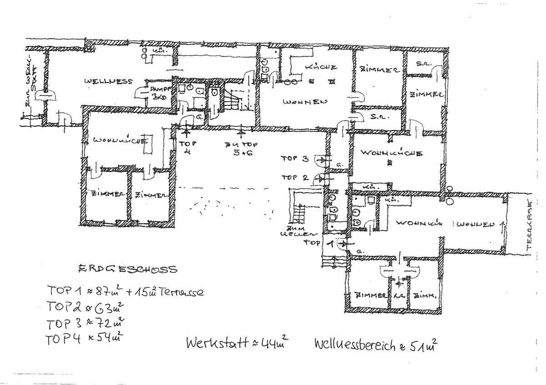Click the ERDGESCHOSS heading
click(127, 269)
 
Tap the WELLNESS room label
click(108, 81)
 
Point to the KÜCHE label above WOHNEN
click(321, 67)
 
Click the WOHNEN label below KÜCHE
click(304, 102)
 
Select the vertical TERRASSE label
click(529, 226)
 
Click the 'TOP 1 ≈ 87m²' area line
click(125, 291)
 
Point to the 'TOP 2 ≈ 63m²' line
click(85, 307)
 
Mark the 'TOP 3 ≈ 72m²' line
click(86, 323)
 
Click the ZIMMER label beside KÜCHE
click(379, 70)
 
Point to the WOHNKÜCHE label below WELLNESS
click(121, 140)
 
